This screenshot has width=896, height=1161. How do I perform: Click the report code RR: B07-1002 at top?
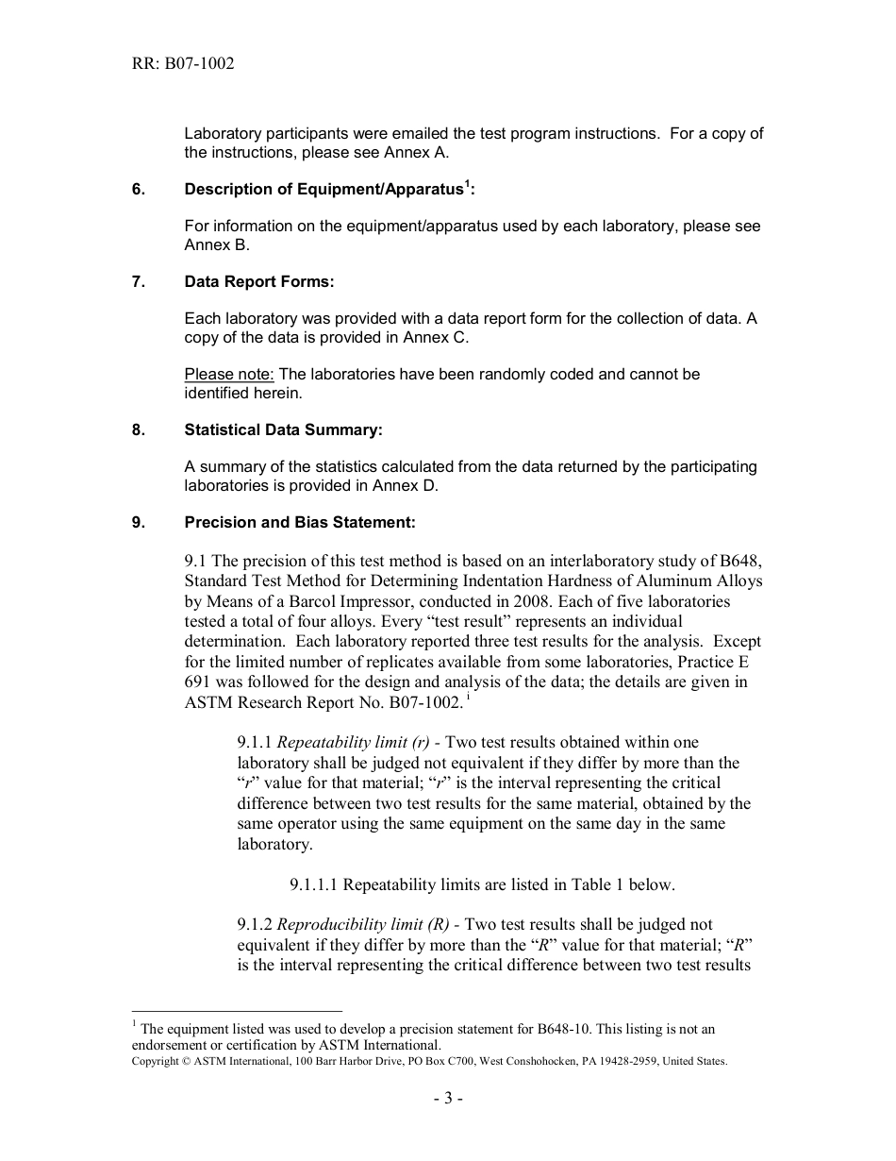point(183,64)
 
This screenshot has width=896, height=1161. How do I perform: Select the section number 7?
point(138,282)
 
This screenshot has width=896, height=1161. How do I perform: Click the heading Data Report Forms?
point(259,282)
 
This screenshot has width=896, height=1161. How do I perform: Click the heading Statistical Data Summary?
point(283,430)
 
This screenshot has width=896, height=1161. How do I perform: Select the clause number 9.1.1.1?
point(314,885)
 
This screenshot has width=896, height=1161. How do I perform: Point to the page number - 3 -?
point(448,1099)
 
